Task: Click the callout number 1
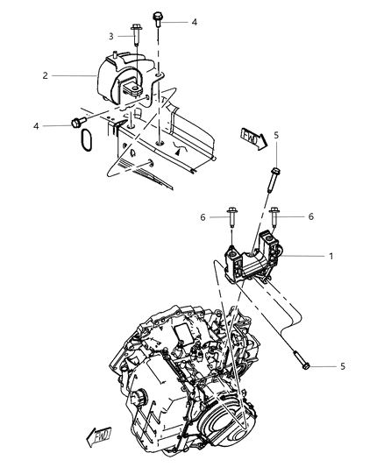[x=331, y=256]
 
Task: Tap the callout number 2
[x=45, y=75]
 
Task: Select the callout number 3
[x=111, y=36]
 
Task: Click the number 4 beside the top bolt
[x=195, y=22]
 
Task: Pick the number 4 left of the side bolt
[x=36, y=126]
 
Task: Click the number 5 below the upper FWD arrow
[x=276, y=135]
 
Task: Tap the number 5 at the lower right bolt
[x=343, y=366]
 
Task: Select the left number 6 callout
[x=203, y=217]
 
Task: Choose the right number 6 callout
[x=311, y=216]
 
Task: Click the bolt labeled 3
[x=136, y=34]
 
